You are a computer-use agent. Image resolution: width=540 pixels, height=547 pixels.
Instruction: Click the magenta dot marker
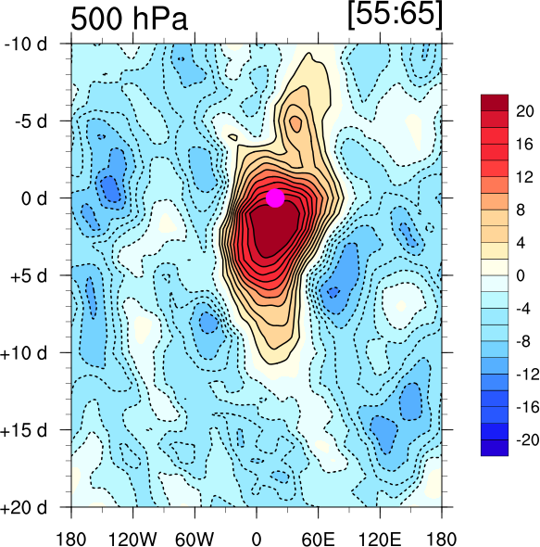coord(275,197)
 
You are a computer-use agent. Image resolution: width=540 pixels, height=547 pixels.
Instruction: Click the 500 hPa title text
coord(130,19)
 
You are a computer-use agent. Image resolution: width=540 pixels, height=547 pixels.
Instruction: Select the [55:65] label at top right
coord(395,15)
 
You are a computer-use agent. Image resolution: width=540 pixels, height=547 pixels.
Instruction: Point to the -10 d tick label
coord(25,44)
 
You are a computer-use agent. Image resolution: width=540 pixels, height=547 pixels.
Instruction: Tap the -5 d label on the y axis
coord(31,121)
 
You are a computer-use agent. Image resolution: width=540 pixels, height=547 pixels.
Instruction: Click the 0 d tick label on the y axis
coord(34,198)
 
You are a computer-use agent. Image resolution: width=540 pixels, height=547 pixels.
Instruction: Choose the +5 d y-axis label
coord(29,275)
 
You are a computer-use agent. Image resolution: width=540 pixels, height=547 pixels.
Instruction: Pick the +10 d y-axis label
coord(24,353)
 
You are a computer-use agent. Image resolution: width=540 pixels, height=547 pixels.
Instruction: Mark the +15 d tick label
coord(24,430)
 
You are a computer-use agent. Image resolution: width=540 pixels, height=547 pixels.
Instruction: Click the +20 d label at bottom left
coord(24,507)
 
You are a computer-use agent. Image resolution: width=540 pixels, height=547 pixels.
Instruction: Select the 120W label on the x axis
coord(132,539)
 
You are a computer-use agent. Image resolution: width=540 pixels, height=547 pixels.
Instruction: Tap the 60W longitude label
coord(195,539)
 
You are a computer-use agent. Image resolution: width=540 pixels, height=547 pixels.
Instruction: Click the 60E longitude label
coord(318,539)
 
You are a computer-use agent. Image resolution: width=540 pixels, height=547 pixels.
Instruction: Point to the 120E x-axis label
coord(380,539)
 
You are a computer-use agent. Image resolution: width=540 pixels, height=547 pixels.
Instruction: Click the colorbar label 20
coord(524,111)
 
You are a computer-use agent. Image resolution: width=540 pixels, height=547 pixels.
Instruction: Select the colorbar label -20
coord(528,439)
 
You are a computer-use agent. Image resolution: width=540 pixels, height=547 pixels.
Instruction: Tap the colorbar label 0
coord(521,275)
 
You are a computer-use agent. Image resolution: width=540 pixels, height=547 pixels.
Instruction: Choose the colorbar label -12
coord(528,374)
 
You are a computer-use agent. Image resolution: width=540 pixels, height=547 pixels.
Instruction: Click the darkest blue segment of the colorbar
coord(495,448)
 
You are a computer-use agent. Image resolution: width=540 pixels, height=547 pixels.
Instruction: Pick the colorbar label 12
coord(524,177)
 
